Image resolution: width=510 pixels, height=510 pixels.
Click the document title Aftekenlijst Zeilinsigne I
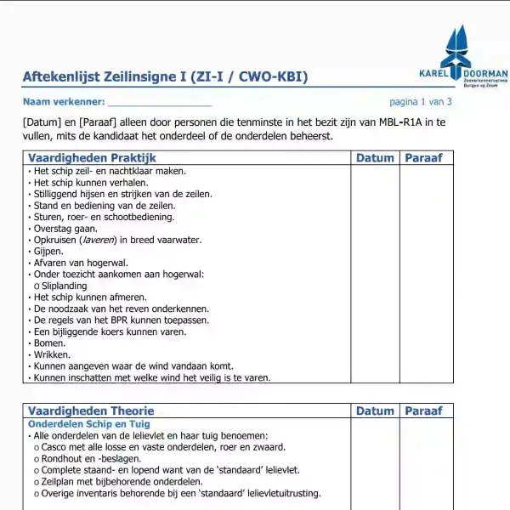coord(165,78)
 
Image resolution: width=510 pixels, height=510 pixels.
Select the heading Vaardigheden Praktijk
coord(92,157)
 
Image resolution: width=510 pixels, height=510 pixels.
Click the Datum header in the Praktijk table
coord(375,157)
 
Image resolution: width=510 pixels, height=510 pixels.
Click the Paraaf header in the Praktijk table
coord(423,157)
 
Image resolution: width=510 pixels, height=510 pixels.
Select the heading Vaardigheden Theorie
coord(89,411)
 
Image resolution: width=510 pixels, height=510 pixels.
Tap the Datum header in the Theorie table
coord(375,411)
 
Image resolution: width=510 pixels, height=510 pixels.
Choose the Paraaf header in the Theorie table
coord(423,411)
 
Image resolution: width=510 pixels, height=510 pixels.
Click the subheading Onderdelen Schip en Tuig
coord(89,423)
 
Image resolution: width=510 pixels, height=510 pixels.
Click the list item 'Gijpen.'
coord(48,251)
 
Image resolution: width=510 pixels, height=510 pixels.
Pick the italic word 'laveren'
coord(94,240)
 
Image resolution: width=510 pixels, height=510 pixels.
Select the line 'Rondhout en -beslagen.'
coord(91,458)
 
